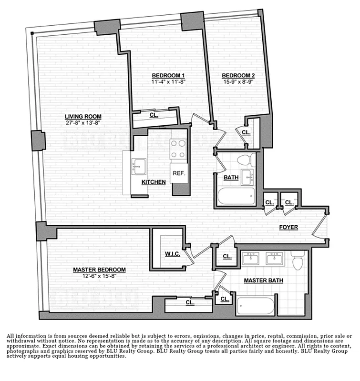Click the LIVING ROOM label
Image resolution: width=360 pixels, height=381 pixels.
pyautogui.click(x=83, y=116)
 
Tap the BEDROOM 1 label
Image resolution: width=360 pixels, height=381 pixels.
pyautogui.click(x=168, y=76)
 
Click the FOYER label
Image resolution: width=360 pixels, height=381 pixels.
pyautogui.click(x=288, y=227)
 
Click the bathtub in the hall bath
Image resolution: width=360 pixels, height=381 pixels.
pyautogui.click(x=237, y=195)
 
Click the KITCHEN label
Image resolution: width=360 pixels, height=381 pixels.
pyautogui.click(x=154, y=182)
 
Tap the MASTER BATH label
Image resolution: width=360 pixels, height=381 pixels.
pyautogui.click(x=264, y=281)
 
